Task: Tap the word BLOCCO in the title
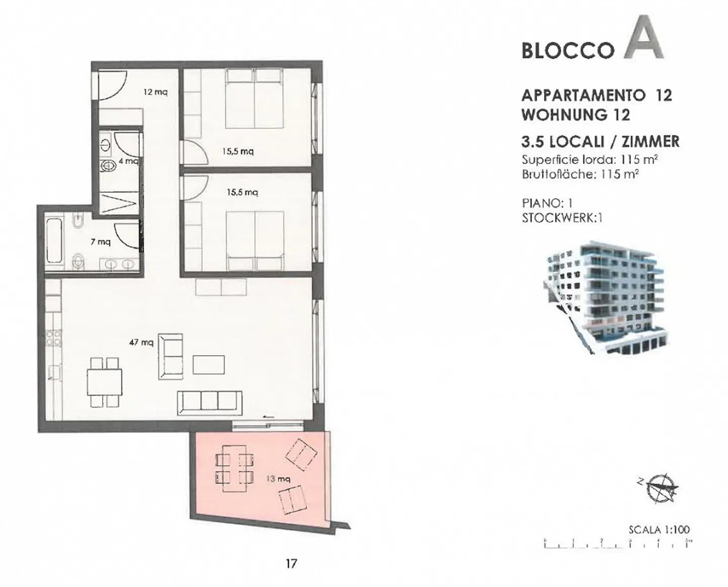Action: [x=568, y=51]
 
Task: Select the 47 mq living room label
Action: [x=142, y=343]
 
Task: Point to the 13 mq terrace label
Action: [x=278, y=479]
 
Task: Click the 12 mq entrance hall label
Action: [x=156, y=92]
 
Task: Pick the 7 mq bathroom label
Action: [x=101, y=242]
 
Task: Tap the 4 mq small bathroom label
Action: [x=128, y=161]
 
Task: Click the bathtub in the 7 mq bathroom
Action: [x=54, y=241]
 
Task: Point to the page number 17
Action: [x=291, y=564]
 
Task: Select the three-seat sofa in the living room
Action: [x=210, y=403]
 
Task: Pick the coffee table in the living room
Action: [x=209, y=364]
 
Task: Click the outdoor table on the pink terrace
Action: [x=234, y=469]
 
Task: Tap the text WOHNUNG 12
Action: [x=576, y=115]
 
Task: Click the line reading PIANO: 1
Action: [x=547, y=203]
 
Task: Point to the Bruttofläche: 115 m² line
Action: [x=580, y=174]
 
